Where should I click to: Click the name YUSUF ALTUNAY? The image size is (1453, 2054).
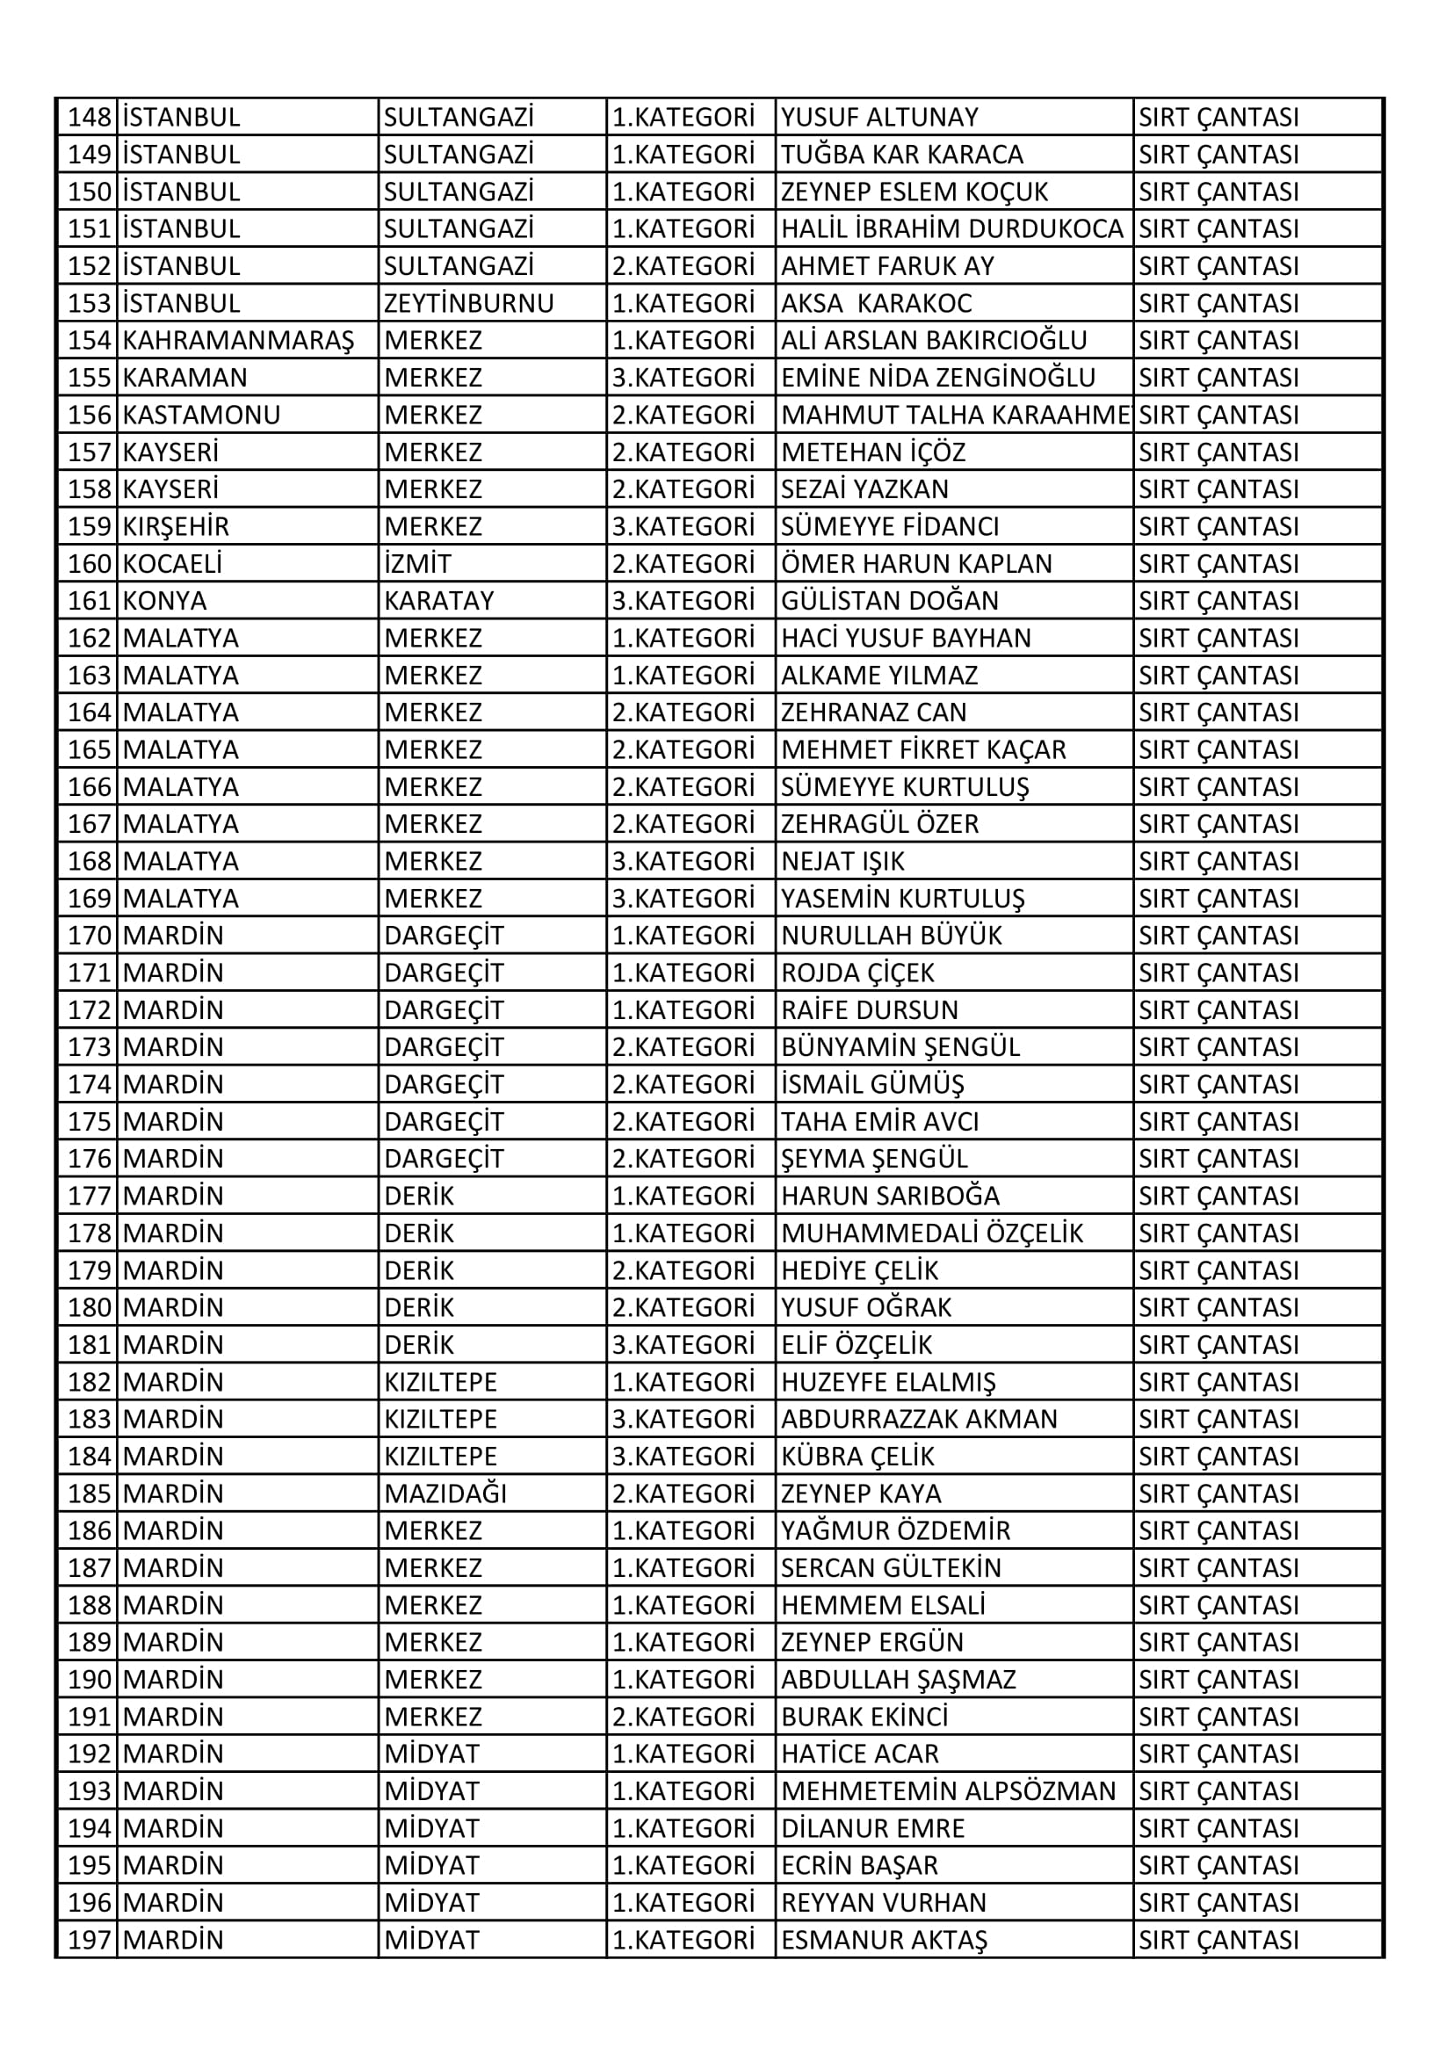point(879,117)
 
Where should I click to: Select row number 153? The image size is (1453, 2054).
point(90,303)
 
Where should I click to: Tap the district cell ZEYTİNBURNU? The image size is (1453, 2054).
point(469,303)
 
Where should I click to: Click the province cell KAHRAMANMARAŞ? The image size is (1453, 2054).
point(238,341)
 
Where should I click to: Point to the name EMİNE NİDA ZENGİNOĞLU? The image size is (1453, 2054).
point(937,378)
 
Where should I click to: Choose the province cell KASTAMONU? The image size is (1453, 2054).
point(201,415)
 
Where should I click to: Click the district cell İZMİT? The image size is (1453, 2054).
point(418,564)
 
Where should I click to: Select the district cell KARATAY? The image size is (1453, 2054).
point(439,601)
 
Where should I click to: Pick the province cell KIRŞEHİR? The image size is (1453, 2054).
point(177,527)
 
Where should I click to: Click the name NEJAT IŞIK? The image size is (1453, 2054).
point(842,862)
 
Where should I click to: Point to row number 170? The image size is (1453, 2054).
point(90,936)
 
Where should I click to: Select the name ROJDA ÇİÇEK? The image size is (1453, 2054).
point(857,973)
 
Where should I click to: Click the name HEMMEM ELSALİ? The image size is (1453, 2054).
point(882,1605)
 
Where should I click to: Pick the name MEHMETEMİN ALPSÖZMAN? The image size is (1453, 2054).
point(949,1791)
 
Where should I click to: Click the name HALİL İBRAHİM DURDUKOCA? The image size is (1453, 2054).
point(952,229)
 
